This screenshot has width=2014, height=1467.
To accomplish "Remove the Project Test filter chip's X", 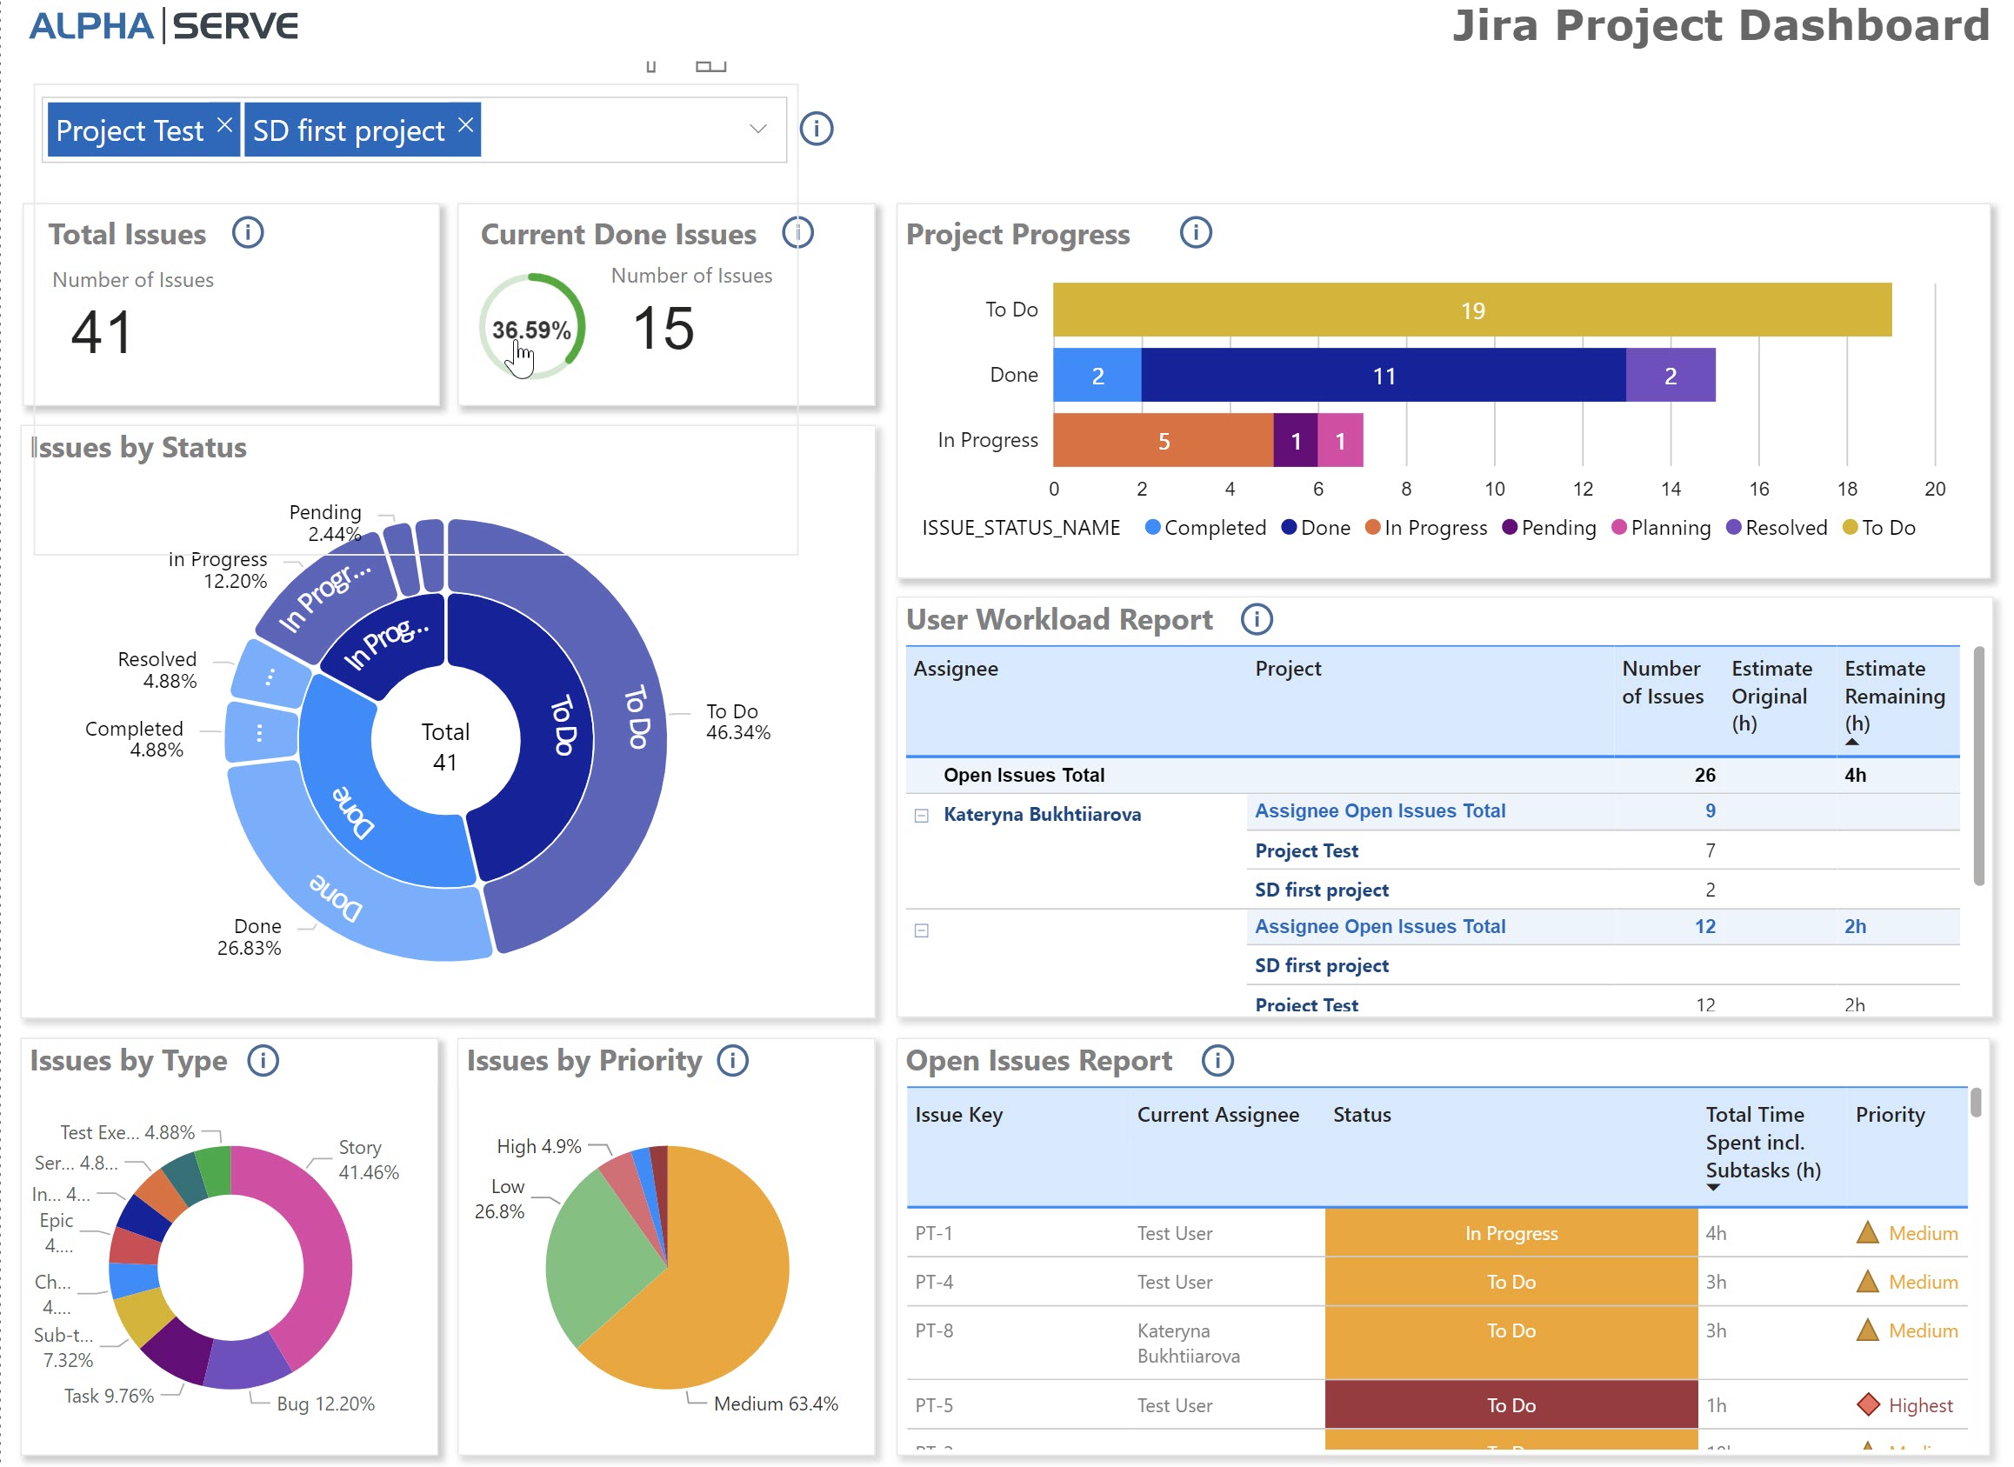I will pyautogui.click(x=224, y=124).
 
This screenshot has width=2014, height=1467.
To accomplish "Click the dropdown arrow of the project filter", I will pyautogui.click(x=757, y=129).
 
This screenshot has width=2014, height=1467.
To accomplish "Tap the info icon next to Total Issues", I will pyautogui.click(x=248, y=234).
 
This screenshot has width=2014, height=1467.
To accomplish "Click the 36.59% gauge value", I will pyautogui.click(x=531, y=330).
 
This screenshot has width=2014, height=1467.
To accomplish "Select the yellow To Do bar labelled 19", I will pyautogui.click(x=1471, y=310).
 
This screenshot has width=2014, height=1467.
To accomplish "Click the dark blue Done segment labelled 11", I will pyautogui.click(x=1383, y=377).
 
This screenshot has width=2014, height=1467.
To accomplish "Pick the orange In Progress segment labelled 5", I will pyautogui.click(x=1163, y=442).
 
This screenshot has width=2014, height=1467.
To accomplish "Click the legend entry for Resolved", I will pyautogui.click(x=1784, y=529).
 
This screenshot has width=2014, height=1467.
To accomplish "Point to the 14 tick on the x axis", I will pyautogui.click(x=1671, y=490).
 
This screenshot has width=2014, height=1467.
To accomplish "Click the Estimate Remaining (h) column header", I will pyautogui.click(x=1893, y=697).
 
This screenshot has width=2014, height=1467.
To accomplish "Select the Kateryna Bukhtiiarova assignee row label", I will pyautogui.click(x=1042, y=815).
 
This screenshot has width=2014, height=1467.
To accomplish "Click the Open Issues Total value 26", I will pyautogui.click(x=1704, y=775).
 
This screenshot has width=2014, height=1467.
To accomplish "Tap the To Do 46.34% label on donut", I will pyautogui.click(x=737, y=722).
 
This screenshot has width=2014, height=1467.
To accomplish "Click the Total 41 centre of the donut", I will pyautogui.click(x=445, y=747).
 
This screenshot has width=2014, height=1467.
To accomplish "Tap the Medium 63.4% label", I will pyautogui.click(x=775, y=1404).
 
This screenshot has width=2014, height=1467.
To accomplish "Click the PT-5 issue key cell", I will pyautogui.click(x=933, y=1406).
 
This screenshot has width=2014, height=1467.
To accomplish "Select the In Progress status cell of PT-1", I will pyautogui.click(x=1510, y=1233).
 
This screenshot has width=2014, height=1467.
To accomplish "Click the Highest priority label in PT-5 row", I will pyautogui.click(x=1919, y=1406).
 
